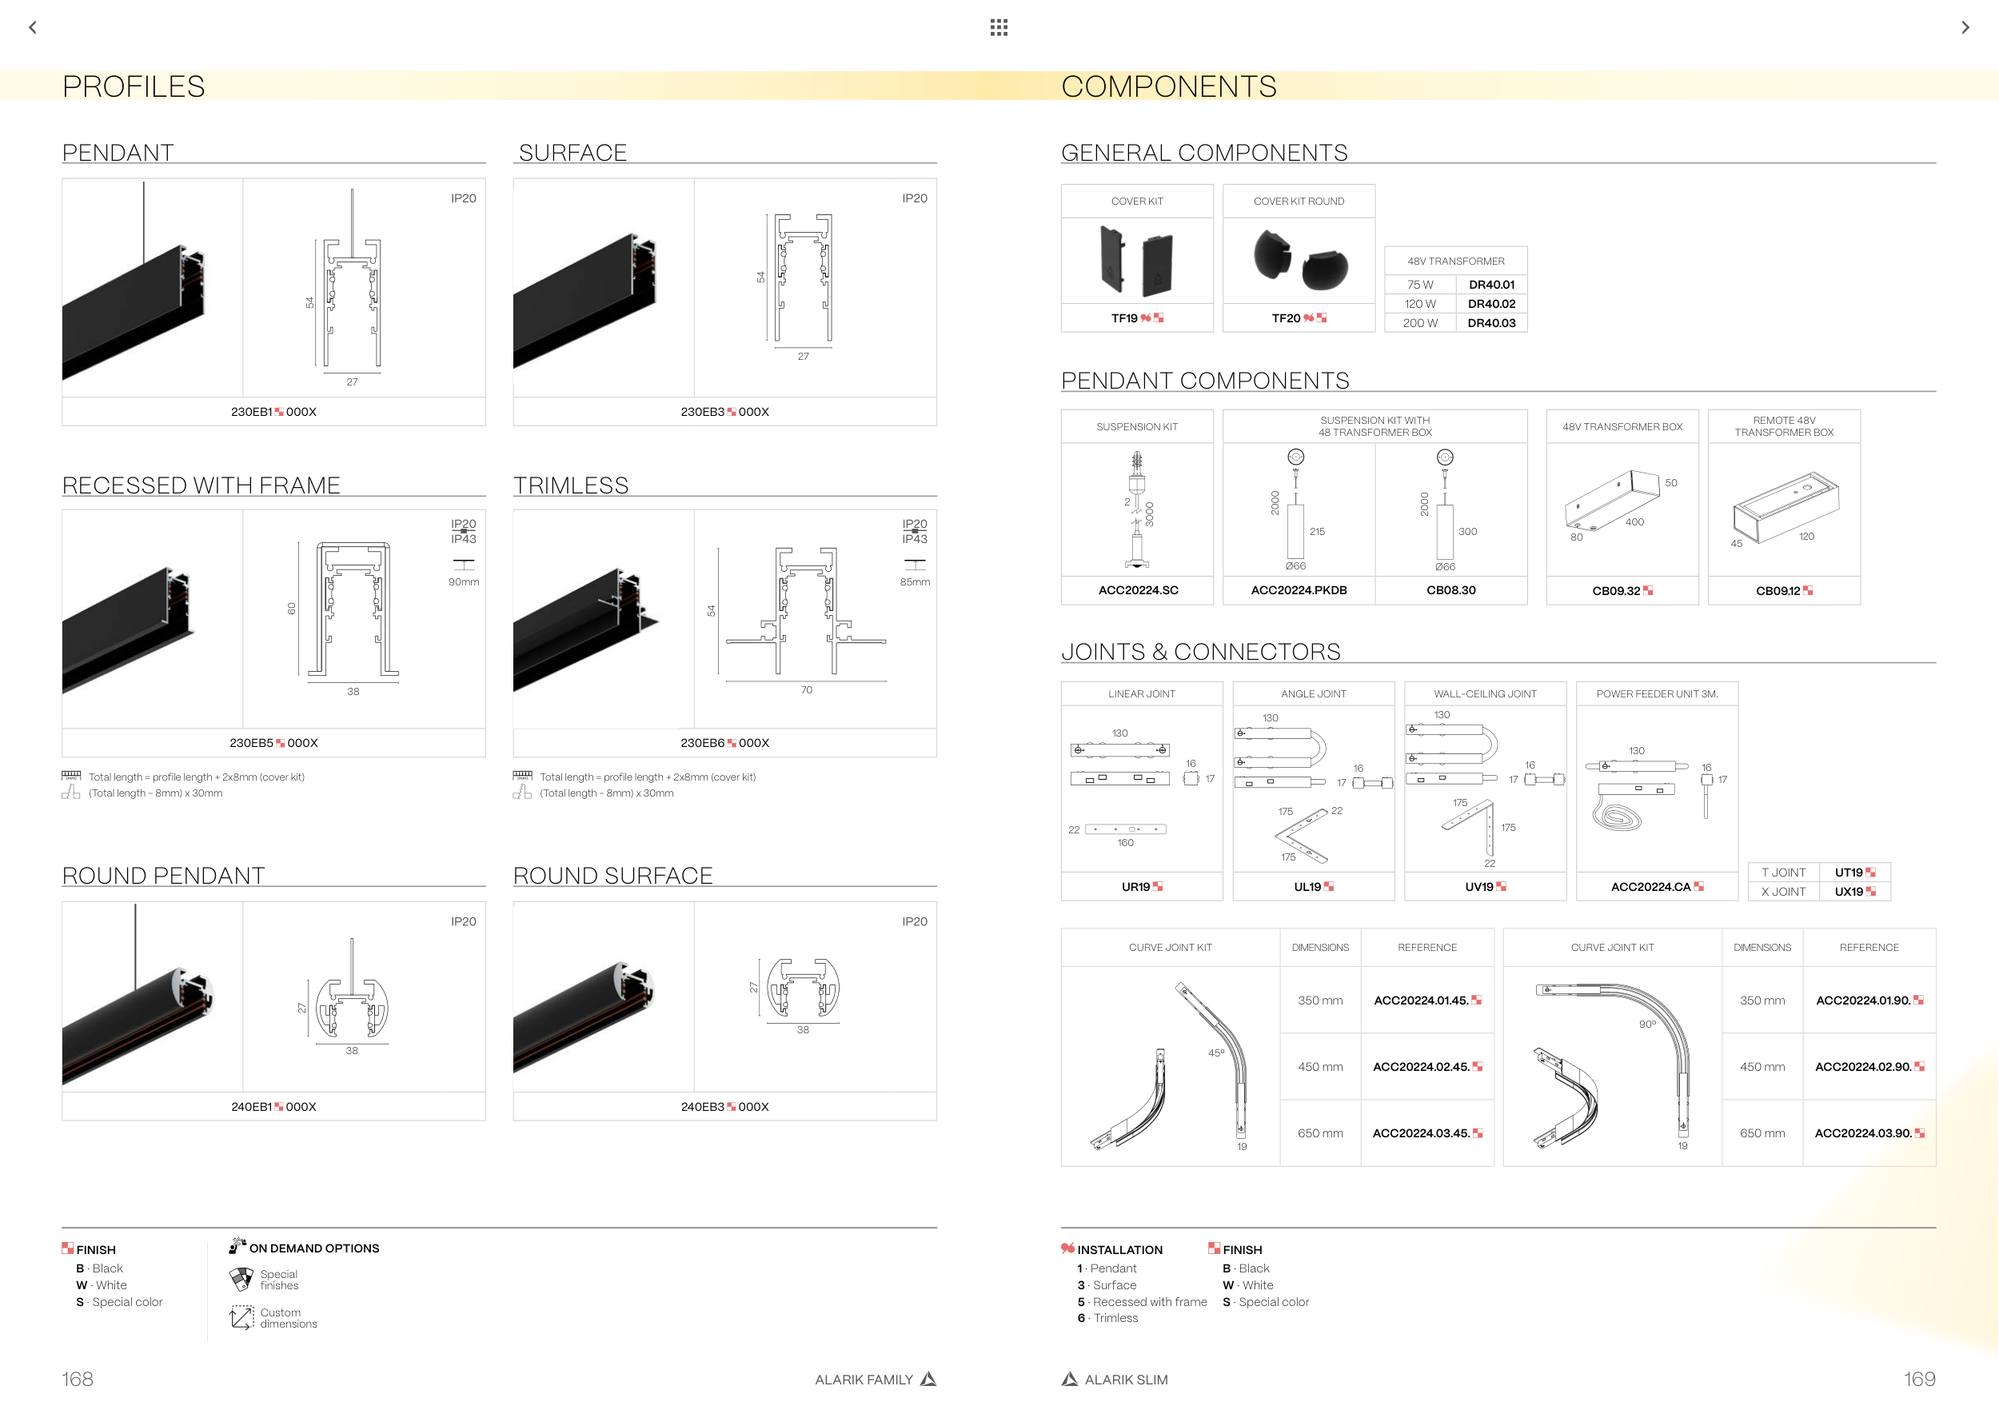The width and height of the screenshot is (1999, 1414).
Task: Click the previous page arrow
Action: tap(33, 28)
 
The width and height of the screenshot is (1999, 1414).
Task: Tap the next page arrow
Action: tap(1965, 28)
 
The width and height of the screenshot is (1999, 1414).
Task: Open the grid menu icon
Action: tap(999, 28)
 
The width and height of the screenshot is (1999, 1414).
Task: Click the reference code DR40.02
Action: tap(1491, 304)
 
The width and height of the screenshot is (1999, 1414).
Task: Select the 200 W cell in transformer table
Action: tap(1420, 323)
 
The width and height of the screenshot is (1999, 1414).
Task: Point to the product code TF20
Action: tap(1286, 318)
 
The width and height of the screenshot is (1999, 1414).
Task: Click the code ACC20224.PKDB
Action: tap(1298, 590)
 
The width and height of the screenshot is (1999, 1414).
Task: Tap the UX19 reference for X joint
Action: tap(1849, 892)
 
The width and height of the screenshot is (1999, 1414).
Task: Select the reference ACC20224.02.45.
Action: tap(1421, 1067)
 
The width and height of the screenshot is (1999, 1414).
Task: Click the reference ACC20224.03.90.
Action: tap(1863, 1133)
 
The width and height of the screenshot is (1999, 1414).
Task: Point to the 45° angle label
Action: tap(1216, 1053)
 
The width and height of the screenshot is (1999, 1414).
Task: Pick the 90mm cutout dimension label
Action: tap(463, 581)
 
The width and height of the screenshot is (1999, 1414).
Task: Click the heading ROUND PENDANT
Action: tap(164, 876)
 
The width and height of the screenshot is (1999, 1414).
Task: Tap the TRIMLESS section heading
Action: tap(571, 485)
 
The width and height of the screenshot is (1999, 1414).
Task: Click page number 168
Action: tap(78, 1379)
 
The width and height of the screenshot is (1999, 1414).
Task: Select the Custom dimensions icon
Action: tap(241, 1317)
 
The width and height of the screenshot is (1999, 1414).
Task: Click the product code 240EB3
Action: tap(703, 1107)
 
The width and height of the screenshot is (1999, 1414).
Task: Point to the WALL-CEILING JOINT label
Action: tap(1484, 694)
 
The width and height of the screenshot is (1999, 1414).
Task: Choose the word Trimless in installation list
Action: tap(1115, 1318)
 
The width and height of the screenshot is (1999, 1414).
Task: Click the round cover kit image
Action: tap(1299, 262)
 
